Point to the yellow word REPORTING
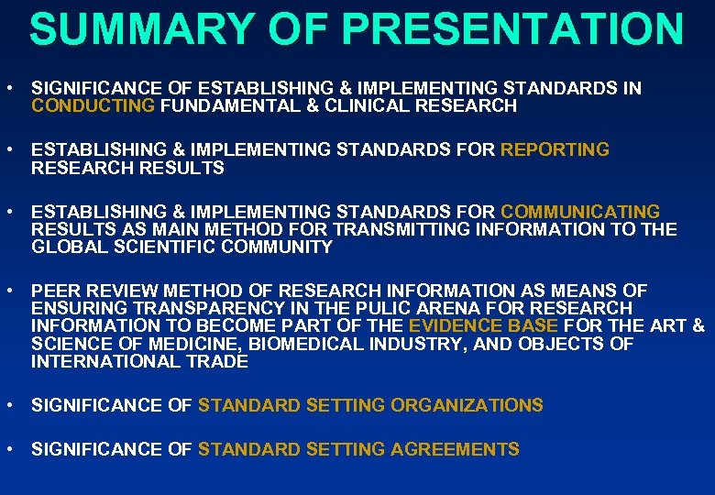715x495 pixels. click(555, 149)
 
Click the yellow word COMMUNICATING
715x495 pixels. click(580, 212)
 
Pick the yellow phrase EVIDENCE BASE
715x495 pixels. click(484, 326)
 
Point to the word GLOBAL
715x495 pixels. click(63, 247)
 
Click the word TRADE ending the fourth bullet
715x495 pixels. click(218, 361)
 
